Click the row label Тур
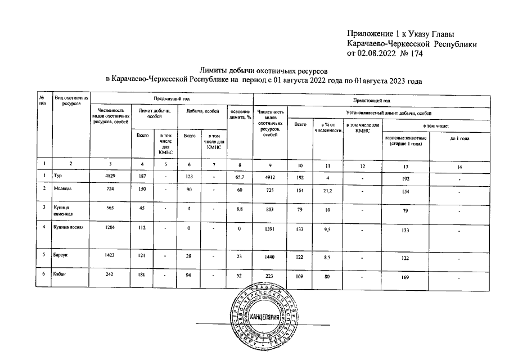point(57,175)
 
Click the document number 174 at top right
point(415,54)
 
